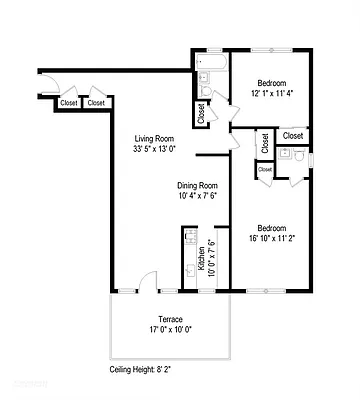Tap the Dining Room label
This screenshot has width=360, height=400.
point(197,185)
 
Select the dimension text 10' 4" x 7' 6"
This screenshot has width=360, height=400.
point(197,196)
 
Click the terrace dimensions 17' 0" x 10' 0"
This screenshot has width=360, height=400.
point(172,329)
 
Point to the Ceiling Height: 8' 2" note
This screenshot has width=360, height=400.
point(146,369)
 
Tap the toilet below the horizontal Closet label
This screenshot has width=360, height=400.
point(287,155)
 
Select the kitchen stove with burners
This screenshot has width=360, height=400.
point(190,241)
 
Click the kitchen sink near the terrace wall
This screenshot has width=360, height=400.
point(190,272)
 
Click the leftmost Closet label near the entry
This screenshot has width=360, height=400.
point(69,102)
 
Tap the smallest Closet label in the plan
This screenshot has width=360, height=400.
point(265,170)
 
